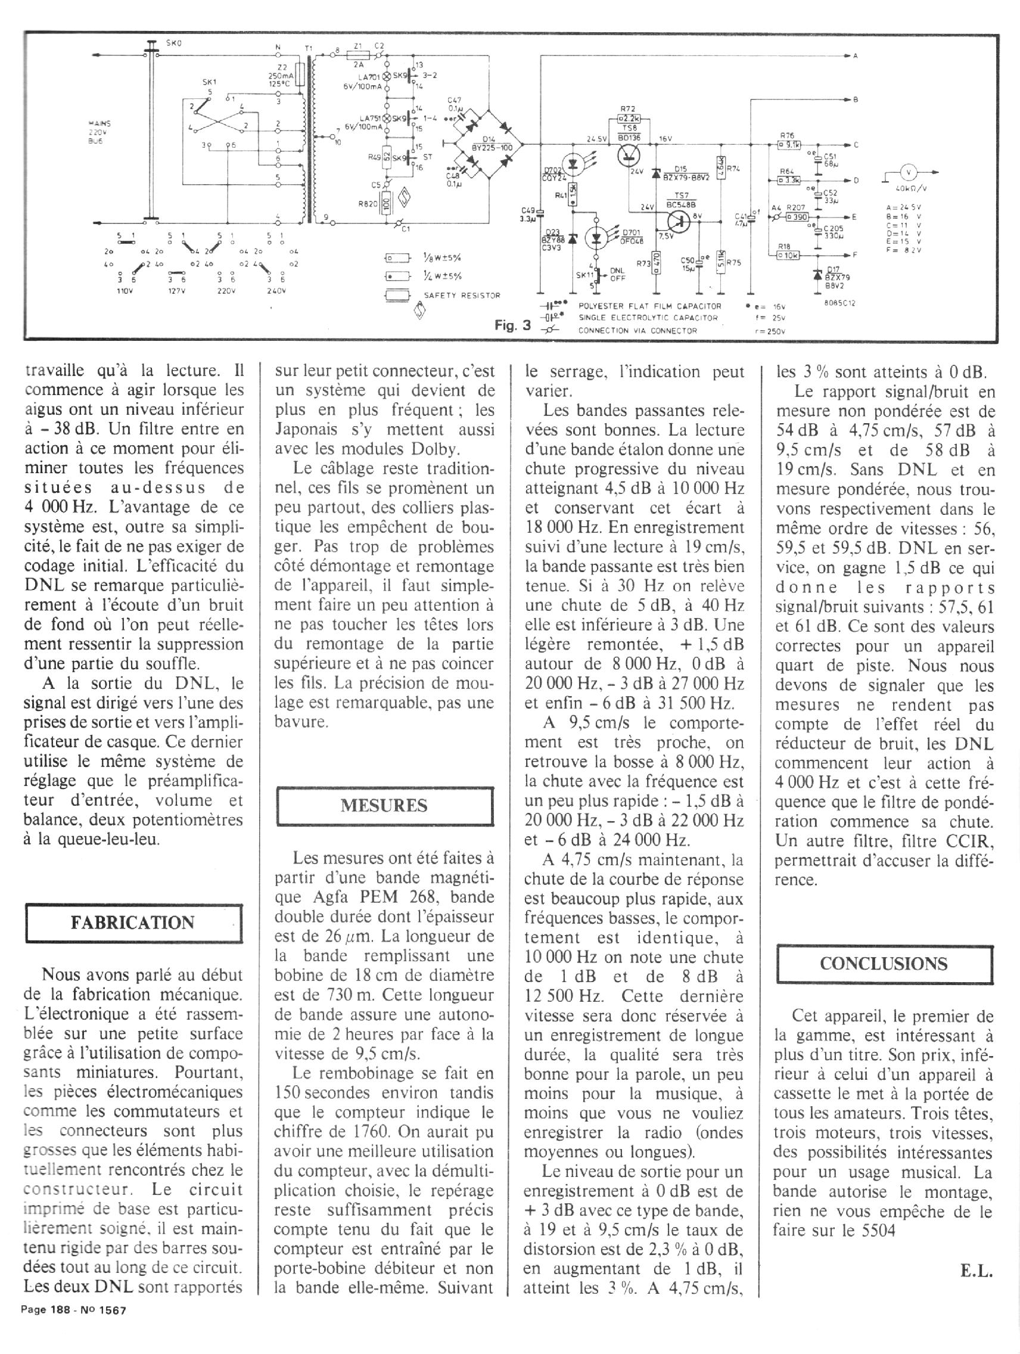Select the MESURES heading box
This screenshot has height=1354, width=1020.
click(384, 806)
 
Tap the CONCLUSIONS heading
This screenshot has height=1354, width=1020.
click(883, 964)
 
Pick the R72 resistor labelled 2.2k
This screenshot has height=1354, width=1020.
click(629, 117)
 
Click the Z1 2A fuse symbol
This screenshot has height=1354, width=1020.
click(360, 54)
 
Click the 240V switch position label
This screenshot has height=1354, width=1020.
click(275, 291)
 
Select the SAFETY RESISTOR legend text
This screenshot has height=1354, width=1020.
click(462, 295)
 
